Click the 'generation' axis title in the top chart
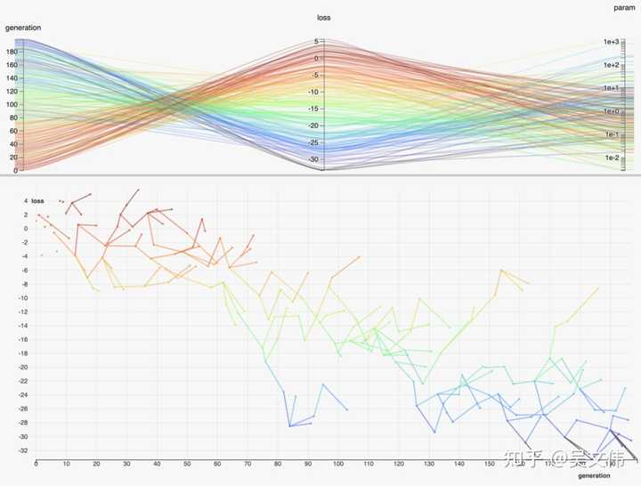point(24,28)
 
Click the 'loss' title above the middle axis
point(325,18)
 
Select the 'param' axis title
point(624,7)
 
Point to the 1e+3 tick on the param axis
point(611,42)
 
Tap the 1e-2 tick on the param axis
point(611,158)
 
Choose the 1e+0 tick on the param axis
point(611,111)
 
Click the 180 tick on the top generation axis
point(11,51)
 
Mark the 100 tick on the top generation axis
point(11,104)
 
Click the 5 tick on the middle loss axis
point(316,42)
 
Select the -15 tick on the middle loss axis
point(313,109)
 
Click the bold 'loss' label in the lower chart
point(38,201)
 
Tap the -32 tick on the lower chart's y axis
point(23,450)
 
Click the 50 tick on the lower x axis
point(186,464)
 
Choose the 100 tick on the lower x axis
point(337,464)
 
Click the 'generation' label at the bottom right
point(606,475)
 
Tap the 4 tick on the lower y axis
point(26,201)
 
